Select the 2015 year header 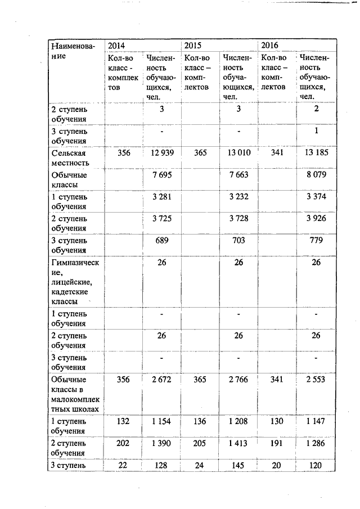pos(193,45)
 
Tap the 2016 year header pos(269,45)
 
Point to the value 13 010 pos(238,152)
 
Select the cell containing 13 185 pos(316,152)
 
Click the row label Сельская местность pos(70,157)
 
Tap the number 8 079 pos(316,175)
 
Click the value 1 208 pos(238,421)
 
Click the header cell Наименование pos(73,51)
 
